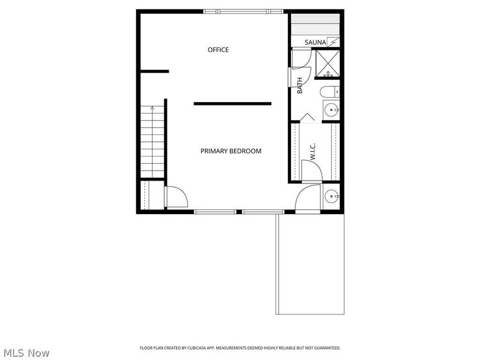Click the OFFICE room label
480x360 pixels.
coord(218,50)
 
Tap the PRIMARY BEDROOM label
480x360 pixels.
coord(231,151)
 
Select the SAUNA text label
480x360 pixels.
coord(315,42)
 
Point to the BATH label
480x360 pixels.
coord(300,85)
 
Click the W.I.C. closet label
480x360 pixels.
coord(313,151)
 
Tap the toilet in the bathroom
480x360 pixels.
coord(329,92)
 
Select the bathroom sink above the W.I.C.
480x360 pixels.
coord(331,110)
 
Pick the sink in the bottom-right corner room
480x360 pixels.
coord(331,196)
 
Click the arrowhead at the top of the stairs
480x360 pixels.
coord(152,108)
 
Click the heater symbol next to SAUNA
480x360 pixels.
coord(334,41)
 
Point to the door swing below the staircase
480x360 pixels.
coord(175,196)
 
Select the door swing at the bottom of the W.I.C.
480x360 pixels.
coord(311,170)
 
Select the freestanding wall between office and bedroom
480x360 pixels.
coord(232,104)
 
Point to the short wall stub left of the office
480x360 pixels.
coord(154,72)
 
